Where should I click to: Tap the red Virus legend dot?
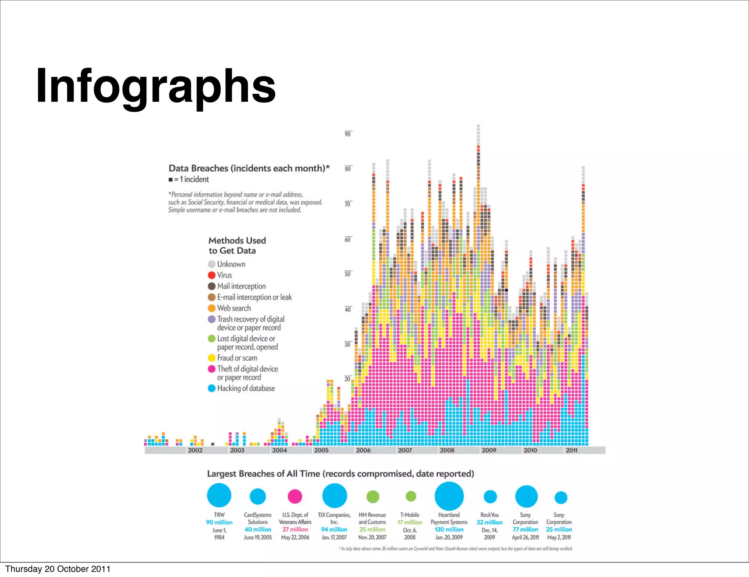[x=211, y=275]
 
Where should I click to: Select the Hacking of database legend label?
[x=246, y=388]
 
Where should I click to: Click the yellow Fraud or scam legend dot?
[x=211, y=358]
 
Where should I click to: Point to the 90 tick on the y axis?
[x=347, y=134]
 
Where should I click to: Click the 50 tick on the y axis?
[x=347, y=274]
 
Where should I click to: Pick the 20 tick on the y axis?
[x=347, y=379]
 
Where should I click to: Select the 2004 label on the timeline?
[x=279, y=450]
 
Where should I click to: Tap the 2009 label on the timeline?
[x=489, y=450]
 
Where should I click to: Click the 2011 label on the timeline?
[x=571, y=450]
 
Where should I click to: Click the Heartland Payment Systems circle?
[x=449, y=496]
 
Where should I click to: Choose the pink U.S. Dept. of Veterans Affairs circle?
[x=295, y=496]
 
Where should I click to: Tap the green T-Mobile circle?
[x=411, y=496]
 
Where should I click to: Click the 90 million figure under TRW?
[x=219, y=522]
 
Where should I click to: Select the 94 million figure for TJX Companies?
[x=334, y=529]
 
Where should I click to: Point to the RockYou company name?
[x=489, y=515]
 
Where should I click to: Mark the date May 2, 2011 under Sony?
[x=559, y=537]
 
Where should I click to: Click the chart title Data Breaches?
[x=249, y=168]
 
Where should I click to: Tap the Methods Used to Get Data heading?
[x=237, y=246]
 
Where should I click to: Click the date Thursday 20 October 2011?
[x=58, y=569]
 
